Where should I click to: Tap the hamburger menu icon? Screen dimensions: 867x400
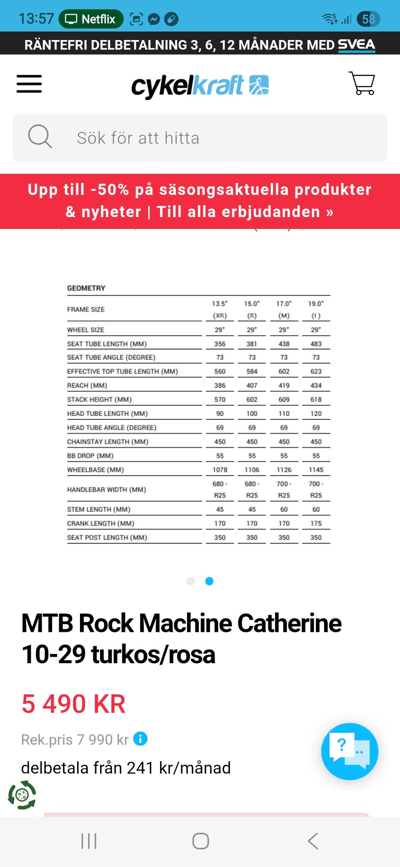pyautogui.click(x=29, y=84)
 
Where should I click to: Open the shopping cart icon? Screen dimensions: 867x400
pyautogui.click(x=362, y=83)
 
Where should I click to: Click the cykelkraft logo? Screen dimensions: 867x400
pyautogui.click(x=200, y=85)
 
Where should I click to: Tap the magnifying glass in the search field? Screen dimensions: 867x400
pyautogui.click(x=40, y=136)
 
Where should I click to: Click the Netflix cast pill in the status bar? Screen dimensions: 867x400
pyautogui.click(x=91, y=19)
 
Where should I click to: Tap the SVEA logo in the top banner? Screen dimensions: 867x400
pyautogui.click(x=356, y=45)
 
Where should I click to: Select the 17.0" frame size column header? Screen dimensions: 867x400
pyautogui.click(x=284, y=309)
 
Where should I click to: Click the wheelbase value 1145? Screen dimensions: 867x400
pyautogui.click(x=316, y=470)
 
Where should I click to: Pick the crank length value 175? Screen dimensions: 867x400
pyautogui.click(x=316, y=524)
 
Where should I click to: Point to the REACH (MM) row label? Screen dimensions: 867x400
pyautogui.click(x=87, y=386)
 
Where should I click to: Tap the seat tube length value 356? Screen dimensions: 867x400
pyautogui.click(x=220, y=344)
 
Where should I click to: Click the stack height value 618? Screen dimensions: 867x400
pyautogui.click(x=316, y=399)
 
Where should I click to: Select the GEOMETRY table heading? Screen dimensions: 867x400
pyautogui.click(x=86, y=288)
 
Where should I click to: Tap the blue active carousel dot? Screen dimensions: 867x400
pyautogui.click(x=210, y=581)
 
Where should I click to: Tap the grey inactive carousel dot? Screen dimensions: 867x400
pyautogui.click(x=191, y=581)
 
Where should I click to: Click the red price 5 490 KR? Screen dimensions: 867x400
pyautogui.click(x=73, y=704)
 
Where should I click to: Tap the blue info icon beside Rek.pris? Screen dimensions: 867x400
pyautogui.click(x=140, y=739)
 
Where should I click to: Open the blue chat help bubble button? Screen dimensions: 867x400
pyautogui.click(x=350, y=751)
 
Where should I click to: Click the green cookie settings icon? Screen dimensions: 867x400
pyautogui.click(x=22, y=795)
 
